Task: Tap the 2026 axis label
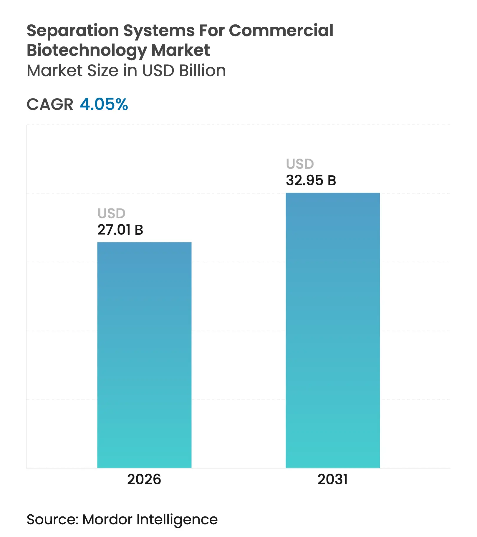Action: (x=144, y=479)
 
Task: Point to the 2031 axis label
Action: (x=332, y=479)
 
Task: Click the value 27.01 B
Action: (x=120, y=230)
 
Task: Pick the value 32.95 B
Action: (x=311, y=181)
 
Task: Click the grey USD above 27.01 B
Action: (x=111, y=214)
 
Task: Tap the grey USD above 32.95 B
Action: (x=300, y=164)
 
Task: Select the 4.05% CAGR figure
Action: (x=104, y=104)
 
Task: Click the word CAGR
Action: (x=50, y=104)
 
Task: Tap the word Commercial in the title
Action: (x=281, y=31)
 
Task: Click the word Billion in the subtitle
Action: (x=202, y=71)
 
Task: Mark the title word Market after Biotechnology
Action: (x=180, y=50)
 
